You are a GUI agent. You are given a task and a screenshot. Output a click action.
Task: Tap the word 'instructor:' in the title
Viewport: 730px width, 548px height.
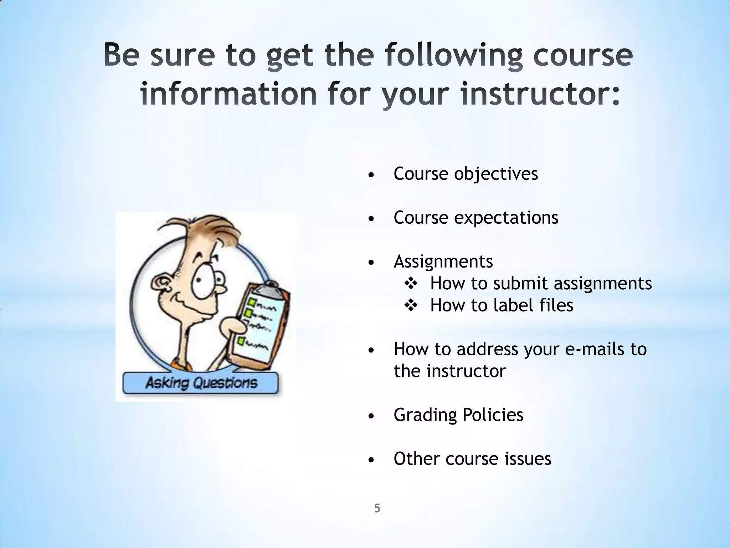540,94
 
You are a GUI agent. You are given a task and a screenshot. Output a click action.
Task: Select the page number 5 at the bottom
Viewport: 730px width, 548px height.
377,508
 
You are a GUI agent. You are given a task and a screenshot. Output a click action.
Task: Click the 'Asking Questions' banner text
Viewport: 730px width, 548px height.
201,383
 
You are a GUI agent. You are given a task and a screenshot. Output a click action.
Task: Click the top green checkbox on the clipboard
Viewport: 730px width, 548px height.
252,302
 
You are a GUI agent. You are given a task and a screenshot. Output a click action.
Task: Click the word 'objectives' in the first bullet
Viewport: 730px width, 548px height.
496,174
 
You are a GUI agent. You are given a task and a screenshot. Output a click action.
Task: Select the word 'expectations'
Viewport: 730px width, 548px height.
506,218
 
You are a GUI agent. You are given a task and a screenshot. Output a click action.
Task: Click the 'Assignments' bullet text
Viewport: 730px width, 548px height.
443,262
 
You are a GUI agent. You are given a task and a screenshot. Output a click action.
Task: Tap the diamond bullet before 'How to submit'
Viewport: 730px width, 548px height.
411,284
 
